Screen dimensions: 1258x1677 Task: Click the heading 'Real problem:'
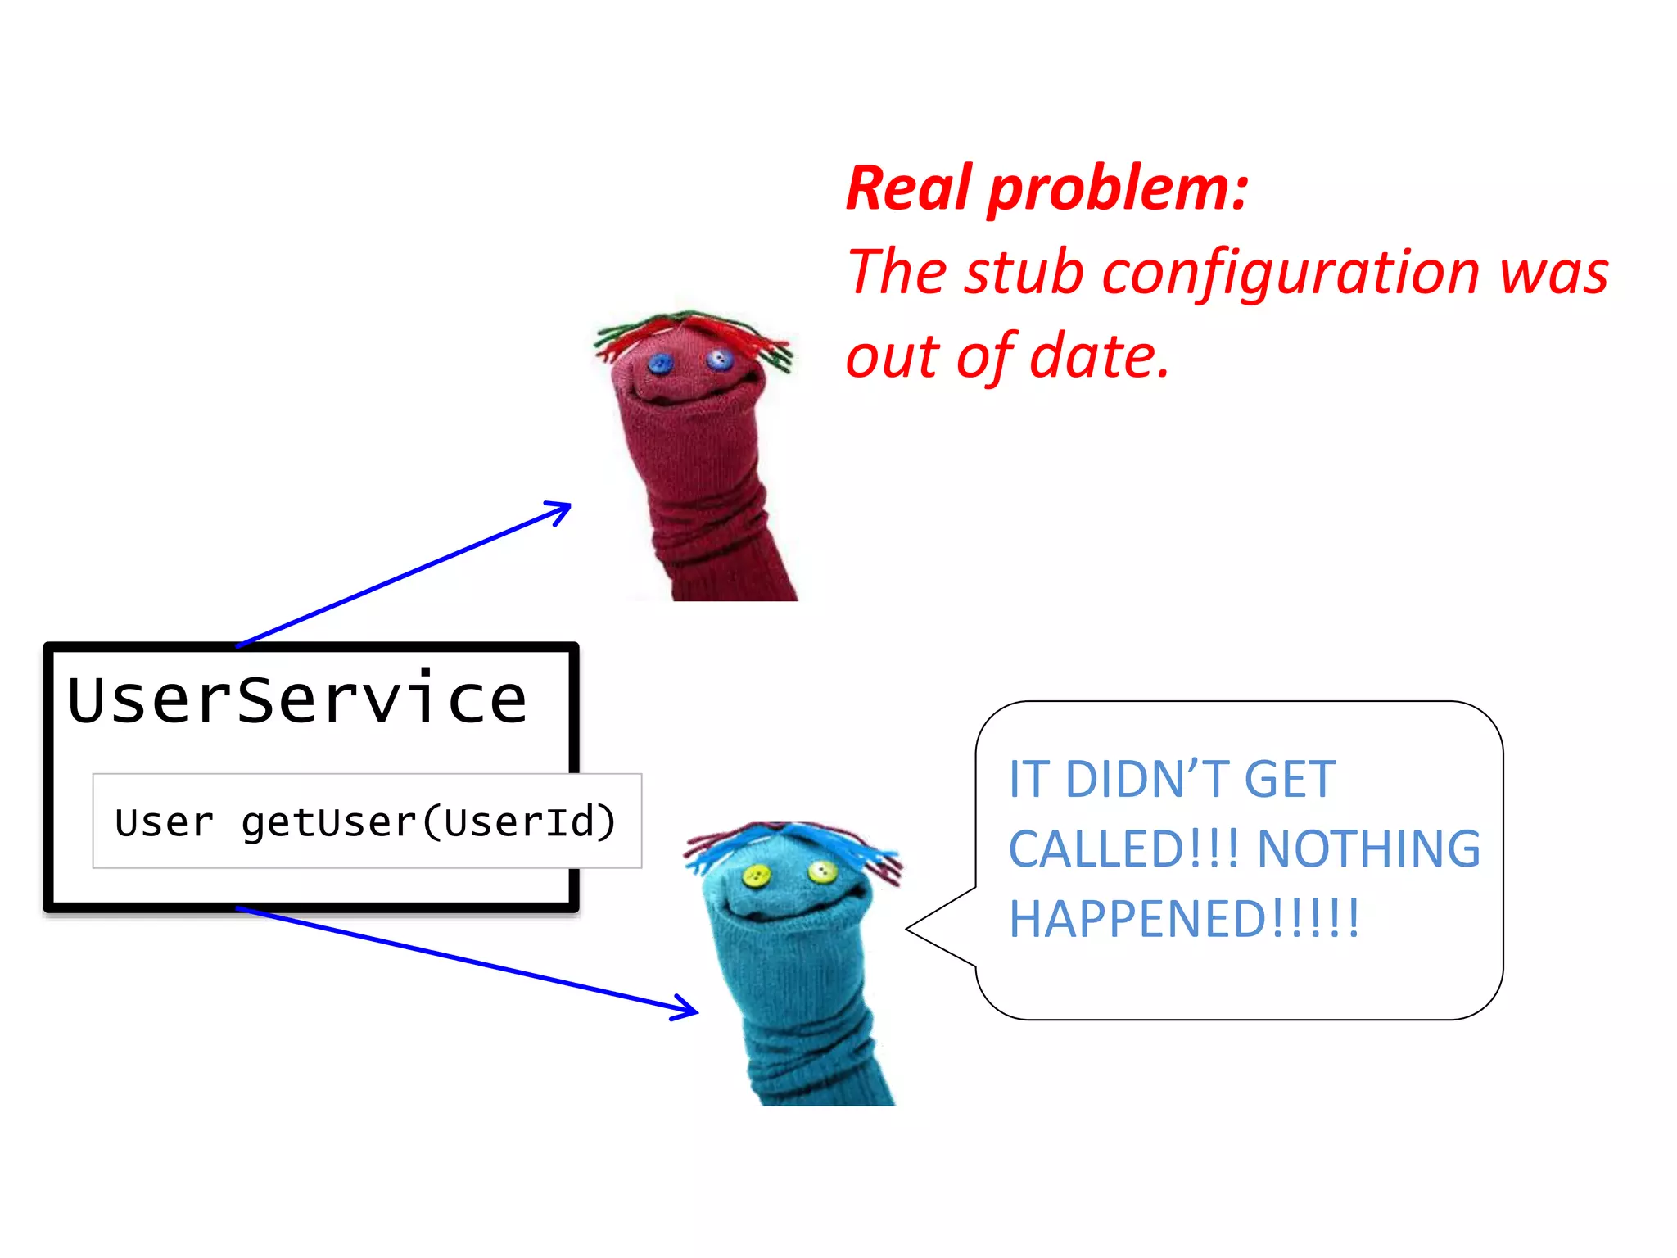point(1046,189)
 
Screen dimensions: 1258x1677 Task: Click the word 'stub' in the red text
point(1024,273)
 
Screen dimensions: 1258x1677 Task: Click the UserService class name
point(296,700)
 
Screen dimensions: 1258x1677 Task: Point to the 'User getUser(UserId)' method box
point(366,821)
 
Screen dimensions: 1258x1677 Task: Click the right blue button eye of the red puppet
point(719,359)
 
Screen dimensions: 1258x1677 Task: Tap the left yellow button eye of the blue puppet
point(755,877)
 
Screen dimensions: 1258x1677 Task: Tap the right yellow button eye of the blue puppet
point(820,871)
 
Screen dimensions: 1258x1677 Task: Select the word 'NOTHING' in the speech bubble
point(1367,848)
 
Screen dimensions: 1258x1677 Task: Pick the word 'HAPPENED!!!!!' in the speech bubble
point(1184,919)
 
